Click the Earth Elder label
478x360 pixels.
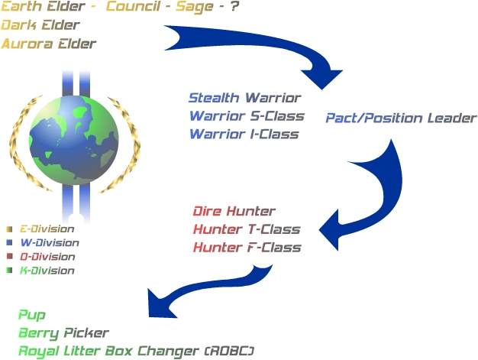[43, 7]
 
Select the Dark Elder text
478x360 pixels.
[40, 25]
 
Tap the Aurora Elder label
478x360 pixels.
[49, 44]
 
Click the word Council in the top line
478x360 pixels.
[133, 7]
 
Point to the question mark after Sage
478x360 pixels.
[234, 7]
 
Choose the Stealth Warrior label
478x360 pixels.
[245, 98]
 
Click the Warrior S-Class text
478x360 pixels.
[247, 116]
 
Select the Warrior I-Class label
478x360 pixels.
[244, 135]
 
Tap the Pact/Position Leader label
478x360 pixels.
[401, 118]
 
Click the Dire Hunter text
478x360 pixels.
[234, 211]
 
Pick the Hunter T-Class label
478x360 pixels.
[247, 229]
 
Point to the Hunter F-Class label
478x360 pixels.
[247, 248]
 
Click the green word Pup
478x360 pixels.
[32, 315]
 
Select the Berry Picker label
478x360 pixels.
[63, 333]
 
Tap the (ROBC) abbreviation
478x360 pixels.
[229, 352]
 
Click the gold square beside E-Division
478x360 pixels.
[9, 229]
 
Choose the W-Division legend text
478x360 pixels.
[50, 243]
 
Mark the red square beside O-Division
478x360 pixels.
[9, 256]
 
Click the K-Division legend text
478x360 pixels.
[47, 271]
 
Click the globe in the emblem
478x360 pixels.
[74, 141]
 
